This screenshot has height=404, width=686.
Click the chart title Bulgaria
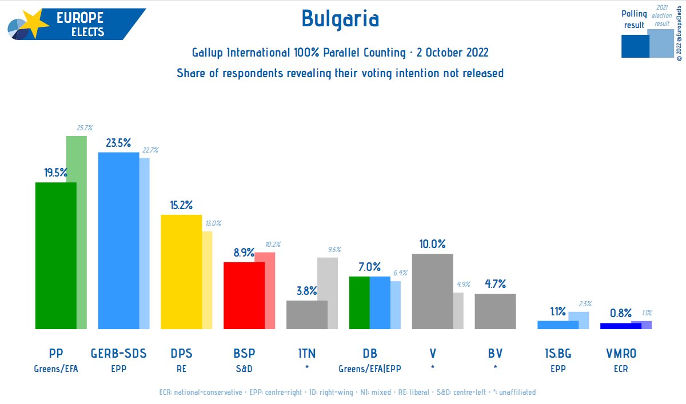[x=340, y=19]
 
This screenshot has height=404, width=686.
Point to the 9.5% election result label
[x=334, y=249]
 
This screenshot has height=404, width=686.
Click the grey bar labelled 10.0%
[x=432, y=291]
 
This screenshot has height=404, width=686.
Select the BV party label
[x=495, y=354]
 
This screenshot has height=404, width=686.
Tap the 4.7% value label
[x=495, y=284]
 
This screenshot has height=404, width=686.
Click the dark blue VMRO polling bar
[x=620, y=326]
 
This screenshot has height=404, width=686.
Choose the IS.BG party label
[x=557, y=354]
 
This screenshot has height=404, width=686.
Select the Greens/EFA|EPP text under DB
[x=370, y=369]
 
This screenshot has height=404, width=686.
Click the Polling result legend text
[x=634, y=19]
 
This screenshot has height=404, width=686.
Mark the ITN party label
[x=307, y=354]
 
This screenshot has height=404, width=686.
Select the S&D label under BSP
[x=244, y=369]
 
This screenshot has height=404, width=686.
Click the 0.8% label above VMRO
[x=620, y=313]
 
